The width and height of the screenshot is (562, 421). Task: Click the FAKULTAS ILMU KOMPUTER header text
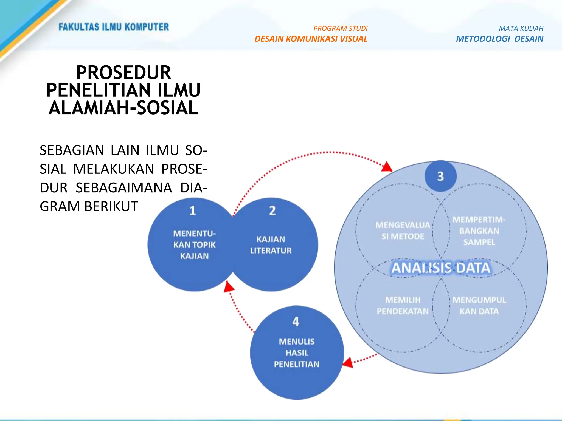114,27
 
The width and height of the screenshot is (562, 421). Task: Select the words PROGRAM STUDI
340,29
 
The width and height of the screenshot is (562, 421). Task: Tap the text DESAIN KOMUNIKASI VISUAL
311,39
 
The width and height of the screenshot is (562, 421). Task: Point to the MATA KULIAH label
521,29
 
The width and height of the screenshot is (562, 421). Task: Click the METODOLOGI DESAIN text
499,39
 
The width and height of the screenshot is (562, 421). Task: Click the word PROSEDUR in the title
123,73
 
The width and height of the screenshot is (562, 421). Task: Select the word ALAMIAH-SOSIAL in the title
123,108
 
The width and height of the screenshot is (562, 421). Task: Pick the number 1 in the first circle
193,210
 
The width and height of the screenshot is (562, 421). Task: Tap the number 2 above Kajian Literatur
272,210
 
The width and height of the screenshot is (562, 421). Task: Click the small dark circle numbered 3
440,176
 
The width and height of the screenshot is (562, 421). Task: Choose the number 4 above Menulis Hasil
296,322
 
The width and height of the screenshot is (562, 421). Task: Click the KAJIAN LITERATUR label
271,245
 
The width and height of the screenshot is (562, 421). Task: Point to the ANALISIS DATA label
441,268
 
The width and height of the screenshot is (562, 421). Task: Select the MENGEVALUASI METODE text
403,231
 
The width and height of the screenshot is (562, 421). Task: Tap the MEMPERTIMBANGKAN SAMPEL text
479,231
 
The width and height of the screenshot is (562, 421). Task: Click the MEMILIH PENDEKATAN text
403,306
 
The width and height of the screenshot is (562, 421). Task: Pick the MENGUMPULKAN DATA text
479,306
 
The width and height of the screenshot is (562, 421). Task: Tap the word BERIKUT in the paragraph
111,206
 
